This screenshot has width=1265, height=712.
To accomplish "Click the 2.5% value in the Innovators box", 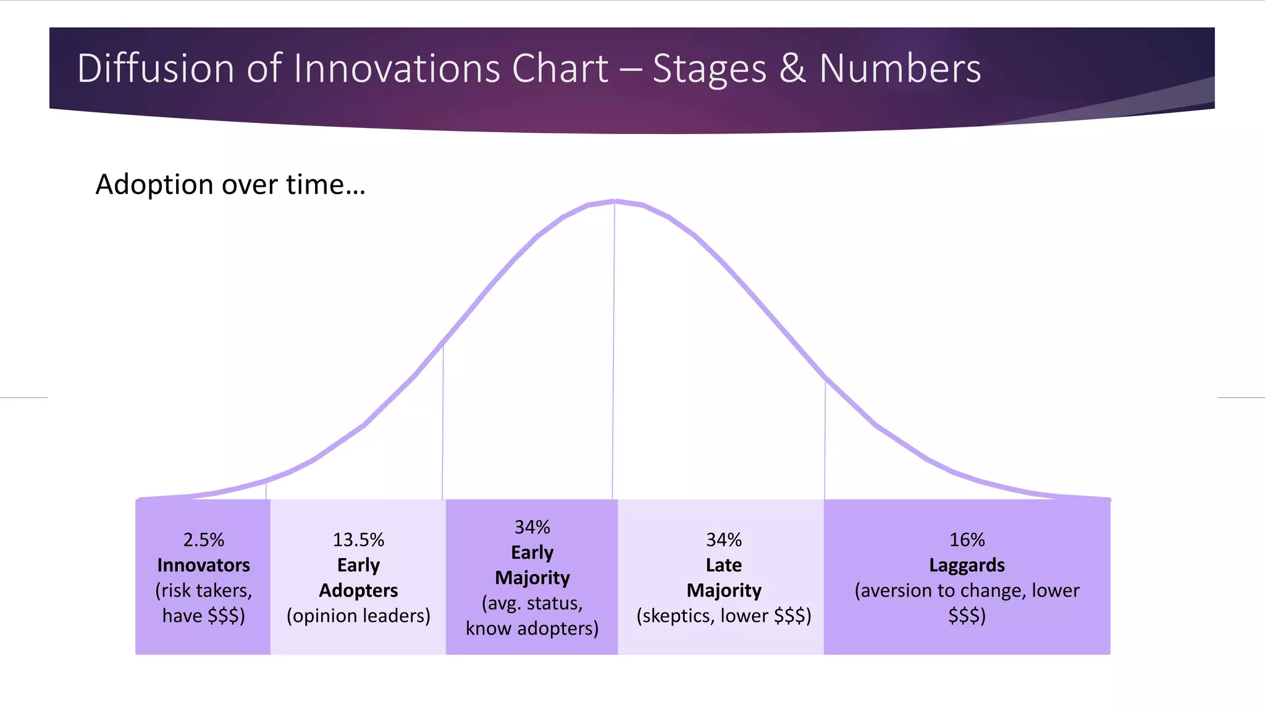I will click(x=203, y=540).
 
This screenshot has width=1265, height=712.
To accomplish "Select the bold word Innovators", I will click(x=203, y=566).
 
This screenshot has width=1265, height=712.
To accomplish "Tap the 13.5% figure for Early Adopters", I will click(x=358, y=540).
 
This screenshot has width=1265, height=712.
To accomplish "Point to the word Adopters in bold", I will click(x=358, y=591).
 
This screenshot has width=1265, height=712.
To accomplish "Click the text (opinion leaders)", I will click(x=358, y=616).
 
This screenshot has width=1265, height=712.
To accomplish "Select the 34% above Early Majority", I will click(x=532, y=527).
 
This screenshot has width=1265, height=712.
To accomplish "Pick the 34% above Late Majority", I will click(x=724, y=540).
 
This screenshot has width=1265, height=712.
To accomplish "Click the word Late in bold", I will click(x=724, y=566).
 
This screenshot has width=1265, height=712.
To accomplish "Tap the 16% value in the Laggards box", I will click(x=967, y=540).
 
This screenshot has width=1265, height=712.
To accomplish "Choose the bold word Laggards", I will click(x=967, y=566).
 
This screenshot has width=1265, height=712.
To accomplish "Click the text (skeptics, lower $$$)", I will click(x=724, y=616).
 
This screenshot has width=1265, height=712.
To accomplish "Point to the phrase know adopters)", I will click(x=532, y=629).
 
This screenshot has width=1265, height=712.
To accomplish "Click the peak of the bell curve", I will click(x=615, y=201).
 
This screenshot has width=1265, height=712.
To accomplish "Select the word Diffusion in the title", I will click(x=155, y=68).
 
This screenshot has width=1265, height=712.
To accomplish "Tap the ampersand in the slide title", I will click(x=792, y=68).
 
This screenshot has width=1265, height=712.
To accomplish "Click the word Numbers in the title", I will click(x=900, y=68).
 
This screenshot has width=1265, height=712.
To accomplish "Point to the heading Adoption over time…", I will click(x=230, y=185).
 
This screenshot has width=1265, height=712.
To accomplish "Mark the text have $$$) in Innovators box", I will click(x=203, y=616).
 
